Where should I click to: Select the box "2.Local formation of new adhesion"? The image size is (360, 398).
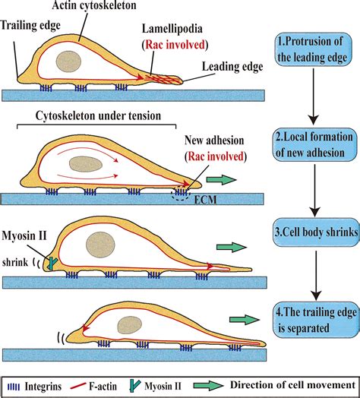click(x=312, y=144)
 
